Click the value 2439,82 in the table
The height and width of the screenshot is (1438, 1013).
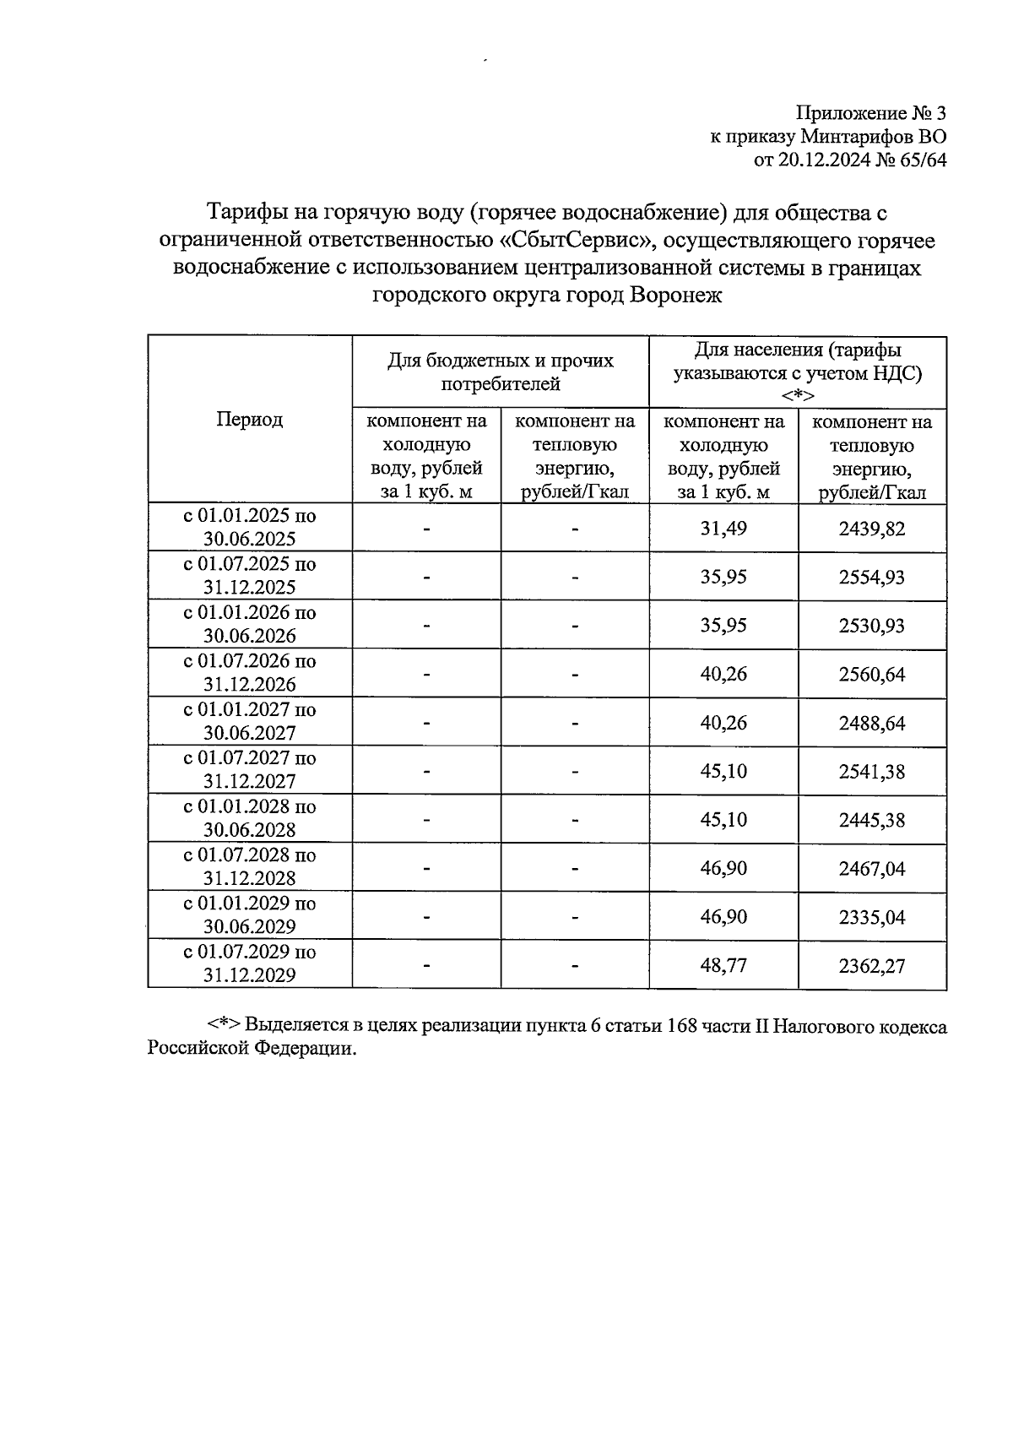[871, 529]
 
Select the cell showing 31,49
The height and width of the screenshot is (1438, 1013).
[723, 529]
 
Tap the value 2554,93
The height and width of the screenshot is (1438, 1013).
[871, 578]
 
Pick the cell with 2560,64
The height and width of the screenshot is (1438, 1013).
[871, 675]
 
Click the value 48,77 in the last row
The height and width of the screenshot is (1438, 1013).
[723, 966]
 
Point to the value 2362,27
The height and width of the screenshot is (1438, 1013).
[871, 966]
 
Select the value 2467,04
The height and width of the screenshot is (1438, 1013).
[871, 869]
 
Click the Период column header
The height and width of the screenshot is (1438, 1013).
[249, 420]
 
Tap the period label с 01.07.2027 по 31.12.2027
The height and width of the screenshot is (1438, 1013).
[250, 770]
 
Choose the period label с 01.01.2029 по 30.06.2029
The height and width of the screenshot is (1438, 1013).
[250, 915]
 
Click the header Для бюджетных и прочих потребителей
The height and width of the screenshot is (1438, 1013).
[501, 372]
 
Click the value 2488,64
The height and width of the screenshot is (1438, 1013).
[871, 724]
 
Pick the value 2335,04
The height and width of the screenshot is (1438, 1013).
[871, 918]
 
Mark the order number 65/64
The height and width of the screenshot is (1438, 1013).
[924, 160]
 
